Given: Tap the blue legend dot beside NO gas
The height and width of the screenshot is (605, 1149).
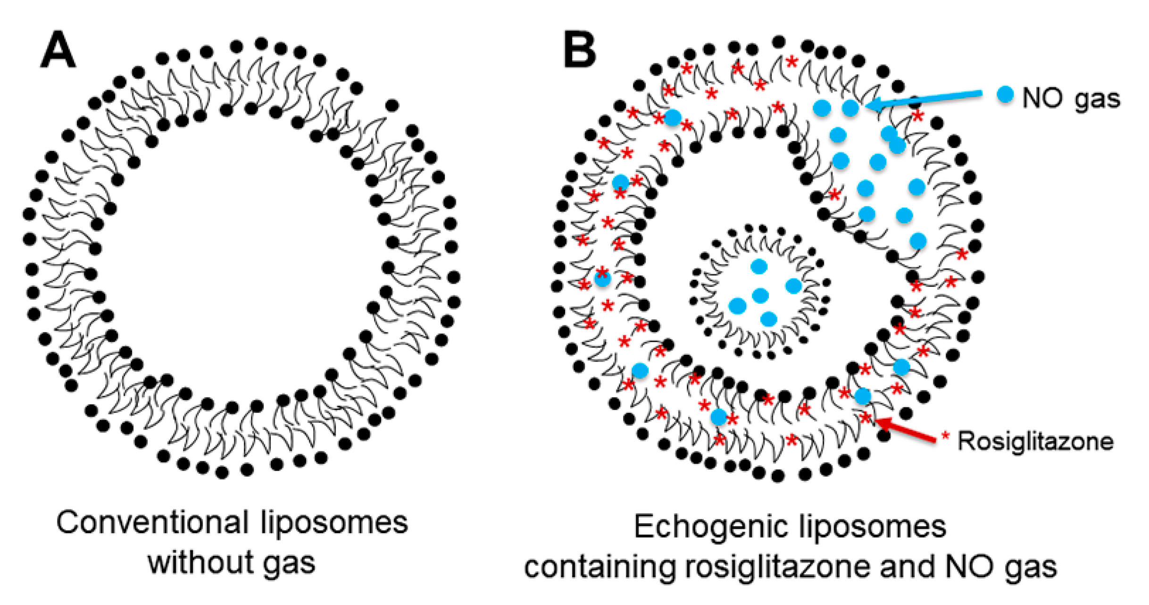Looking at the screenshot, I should (1005, 95).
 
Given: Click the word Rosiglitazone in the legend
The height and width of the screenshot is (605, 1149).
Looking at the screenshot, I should (1035, 442).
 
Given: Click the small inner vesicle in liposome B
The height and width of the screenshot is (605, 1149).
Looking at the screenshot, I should (759, 292).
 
